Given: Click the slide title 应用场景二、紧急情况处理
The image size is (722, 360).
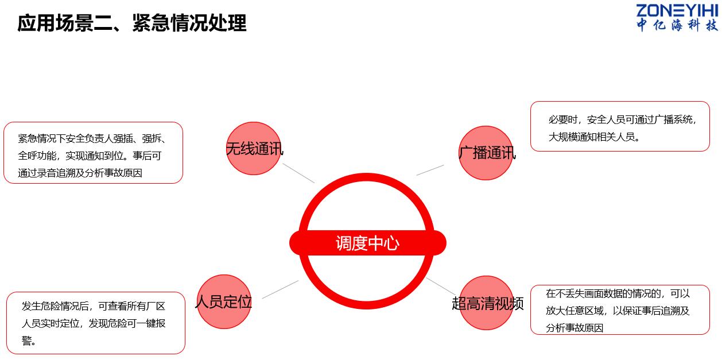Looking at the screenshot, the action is [132, 23].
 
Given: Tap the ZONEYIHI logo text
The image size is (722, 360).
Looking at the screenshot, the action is [677, 11].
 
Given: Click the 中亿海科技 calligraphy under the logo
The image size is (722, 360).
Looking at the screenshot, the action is [677, 25].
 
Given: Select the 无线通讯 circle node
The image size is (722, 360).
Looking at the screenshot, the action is [254, 148].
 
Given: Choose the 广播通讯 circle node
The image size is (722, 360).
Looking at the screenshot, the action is [486, 153].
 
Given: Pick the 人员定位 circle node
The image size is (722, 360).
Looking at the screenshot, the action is [224, 301].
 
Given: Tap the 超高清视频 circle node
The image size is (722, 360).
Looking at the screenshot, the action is [487, 303].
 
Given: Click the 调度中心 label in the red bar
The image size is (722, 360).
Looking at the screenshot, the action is [367, 243].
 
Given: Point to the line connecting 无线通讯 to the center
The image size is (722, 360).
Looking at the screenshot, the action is [298, 173].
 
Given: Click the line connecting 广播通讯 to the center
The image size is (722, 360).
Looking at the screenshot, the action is [430, 170].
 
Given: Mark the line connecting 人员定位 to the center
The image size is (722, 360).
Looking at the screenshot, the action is [280, 289].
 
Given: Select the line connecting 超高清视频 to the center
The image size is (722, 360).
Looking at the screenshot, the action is [440, 285].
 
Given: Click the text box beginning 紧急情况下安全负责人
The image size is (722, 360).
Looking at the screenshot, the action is [93, 153].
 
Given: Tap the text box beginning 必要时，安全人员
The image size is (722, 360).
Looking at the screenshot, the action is [620, 126].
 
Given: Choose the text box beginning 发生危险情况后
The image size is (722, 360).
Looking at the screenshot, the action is [96, 323].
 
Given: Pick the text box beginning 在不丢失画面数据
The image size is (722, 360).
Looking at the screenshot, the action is [620, 309].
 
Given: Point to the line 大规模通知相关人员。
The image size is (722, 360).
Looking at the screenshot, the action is [594, 137].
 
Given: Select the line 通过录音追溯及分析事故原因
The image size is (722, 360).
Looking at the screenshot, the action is [80, 173].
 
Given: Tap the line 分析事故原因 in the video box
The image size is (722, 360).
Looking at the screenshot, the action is [575, 328].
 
